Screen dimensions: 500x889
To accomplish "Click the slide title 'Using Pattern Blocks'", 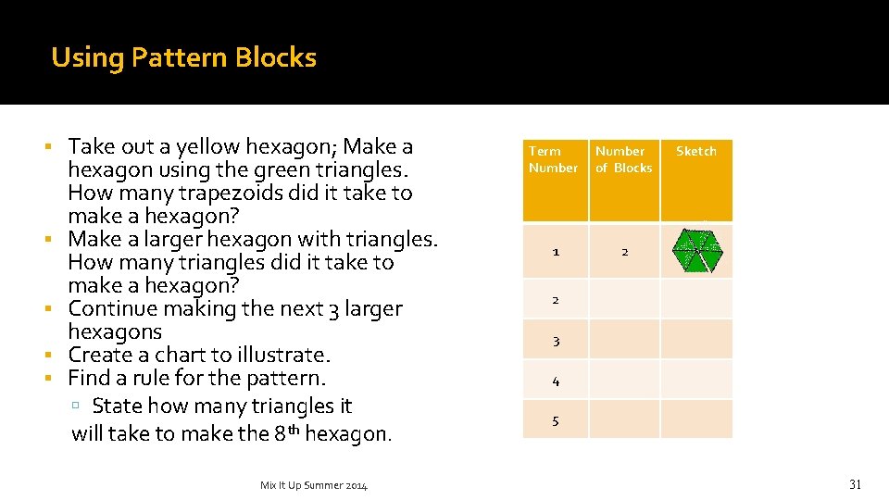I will tap(183, 57).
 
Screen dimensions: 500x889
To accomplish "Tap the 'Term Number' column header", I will tap(553, 159).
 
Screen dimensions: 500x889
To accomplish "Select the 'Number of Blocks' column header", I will tap(623, 159).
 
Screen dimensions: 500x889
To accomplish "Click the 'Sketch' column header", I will tap(695, 151).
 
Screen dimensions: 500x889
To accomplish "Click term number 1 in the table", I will tap(556, 252).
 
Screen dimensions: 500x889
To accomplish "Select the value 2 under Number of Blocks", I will tap(625, 252).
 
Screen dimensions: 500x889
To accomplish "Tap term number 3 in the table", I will tap(556, 341).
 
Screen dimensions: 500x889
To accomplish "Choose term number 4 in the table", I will tap(556, 381).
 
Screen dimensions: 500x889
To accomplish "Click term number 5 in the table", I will tap(556, 421).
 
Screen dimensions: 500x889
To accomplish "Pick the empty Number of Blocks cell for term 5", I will tap(625, 419).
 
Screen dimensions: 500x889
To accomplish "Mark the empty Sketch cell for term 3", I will tap(696, 340).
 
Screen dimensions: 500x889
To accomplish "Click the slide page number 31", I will tap(855, 484).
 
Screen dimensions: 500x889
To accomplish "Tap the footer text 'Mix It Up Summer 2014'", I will tap(314, 485).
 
